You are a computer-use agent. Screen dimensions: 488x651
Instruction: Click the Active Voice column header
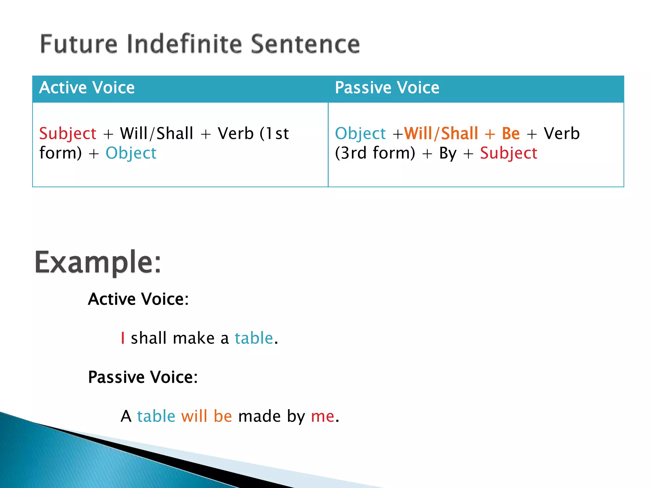[x=87, y=88]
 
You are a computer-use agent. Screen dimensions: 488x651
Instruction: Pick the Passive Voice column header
[x=387, y=88]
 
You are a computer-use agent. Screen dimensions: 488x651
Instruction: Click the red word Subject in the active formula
[x=68, y=133]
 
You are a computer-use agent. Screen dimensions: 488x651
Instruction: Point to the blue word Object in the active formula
[x=131, y=153]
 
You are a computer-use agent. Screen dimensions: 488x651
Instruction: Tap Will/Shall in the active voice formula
[x=156, y=133]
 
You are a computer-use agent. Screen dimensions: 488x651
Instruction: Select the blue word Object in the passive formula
[x=360, y=133]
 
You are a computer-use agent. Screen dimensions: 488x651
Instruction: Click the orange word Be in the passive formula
[x=511, y=133]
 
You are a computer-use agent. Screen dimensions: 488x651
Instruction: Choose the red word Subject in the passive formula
[x=509, y=153]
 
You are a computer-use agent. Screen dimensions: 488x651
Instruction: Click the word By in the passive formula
[x=448, y=153]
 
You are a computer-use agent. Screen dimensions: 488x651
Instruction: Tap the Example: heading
[x=98, y=262]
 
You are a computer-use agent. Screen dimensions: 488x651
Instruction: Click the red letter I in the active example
[x=123, y=338]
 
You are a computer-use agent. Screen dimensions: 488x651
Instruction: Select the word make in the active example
[x=193, y=338]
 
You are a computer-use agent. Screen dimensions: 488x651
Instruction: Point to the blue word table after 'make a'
[x=254, y=338]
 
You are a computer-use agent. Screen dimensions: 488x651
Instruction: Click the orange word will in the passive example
[x=194, y=416]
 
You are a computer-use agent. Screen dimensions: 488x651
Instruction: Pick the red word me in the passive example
[x=322, y=416]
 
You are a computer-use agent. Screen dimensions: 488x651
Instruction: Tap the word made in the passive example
[x=259, y=416]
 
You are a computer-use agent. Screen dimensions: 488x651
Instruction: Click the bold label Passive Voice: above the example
[x=143, y=377]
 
